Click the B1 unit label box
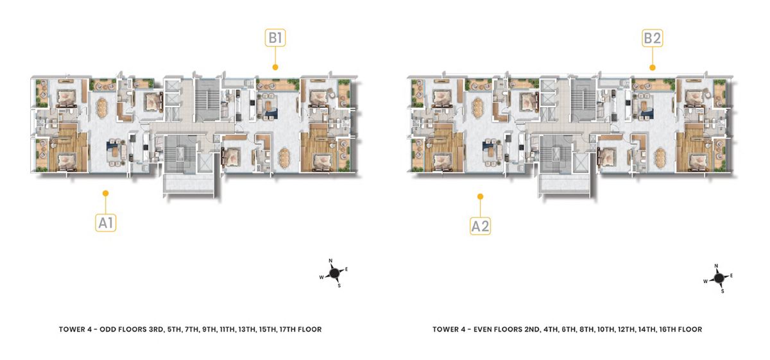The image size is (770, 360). click(x=275, y=38)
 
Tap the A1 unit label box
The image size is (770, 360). click(x=106, y=223)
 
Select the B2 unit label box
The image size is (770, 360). click(x=653, y=38)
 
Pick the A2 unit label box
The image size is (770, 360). click(x=480, y=227)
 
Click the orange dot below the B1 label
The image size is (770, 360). click(x=275, y=67)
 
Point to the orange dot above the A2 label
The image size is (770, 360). click(x=481, y=196)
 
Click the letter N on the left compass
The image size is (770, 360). click(x=330, y=261)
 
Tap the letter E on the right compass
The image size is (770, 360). click(x=732, y=275)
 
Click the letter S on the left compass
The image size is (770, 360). click(x=339, y=286)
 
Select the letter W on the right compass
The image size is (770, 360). click(x=705, y=281)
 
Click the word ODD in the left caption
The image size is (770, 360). click(x=107, y=329)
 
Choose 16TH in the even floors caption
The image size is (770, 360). click(x=667, y=329)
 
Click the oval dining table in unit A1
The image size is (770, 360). click(x=103, y=108)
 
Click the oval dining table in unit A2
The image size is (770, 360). click(x=478, y=108)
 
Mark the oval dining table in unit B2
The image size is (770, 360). click(x=660, y=157)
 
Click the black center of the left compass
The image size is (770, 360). click(x=334, y=273)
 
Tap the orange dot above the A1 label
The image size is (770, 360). click(x=106, y=193)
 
